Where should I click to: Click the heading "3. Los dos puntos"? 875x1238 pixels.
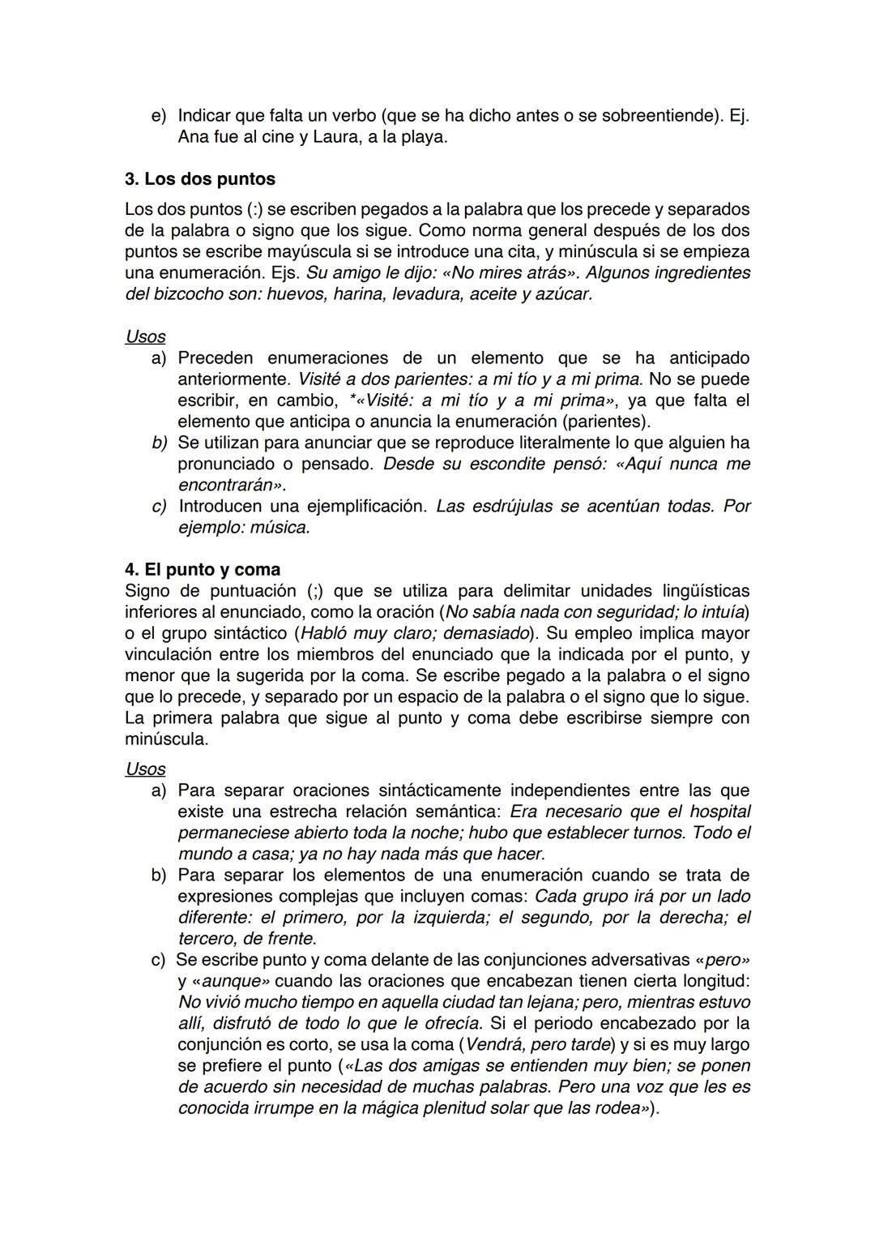pos(199,178)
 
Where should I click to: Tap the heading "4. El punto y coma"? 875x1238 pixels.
pos(202,569)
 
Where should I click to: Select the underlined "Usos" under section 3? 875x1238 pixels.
pos(145,336)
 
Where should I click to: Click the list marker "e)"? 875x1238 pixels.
pos(159,116)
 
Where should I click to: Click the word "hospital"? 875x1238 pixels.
pos(718,811)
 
